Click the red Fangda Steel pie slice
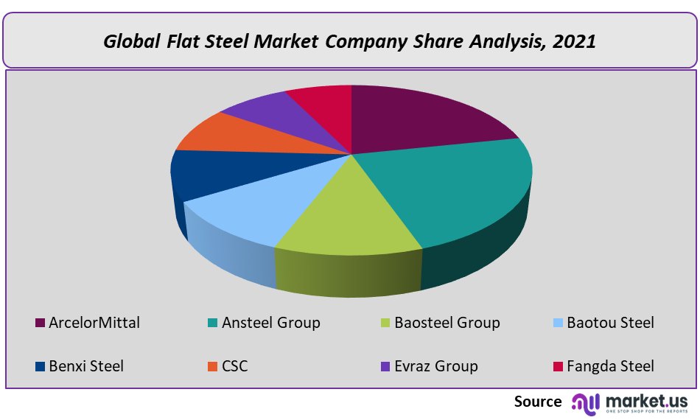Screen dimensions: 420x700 321,99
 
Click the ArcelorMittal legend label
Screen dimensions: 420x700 94,323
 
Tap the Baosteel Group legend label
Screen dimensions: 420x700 447,323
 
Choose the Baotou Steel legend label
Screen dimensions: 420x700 610,323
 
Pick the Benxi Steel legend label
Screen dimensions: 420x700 85,366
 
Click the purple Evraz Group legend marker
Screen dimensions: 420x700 385,366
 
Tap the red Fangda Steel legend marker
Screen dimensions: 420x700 558,366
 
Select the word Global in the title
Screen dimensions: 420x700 127,41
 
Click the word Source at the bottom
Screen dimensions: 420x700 538,402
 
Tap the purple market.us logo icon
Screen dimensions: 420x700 587,402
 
